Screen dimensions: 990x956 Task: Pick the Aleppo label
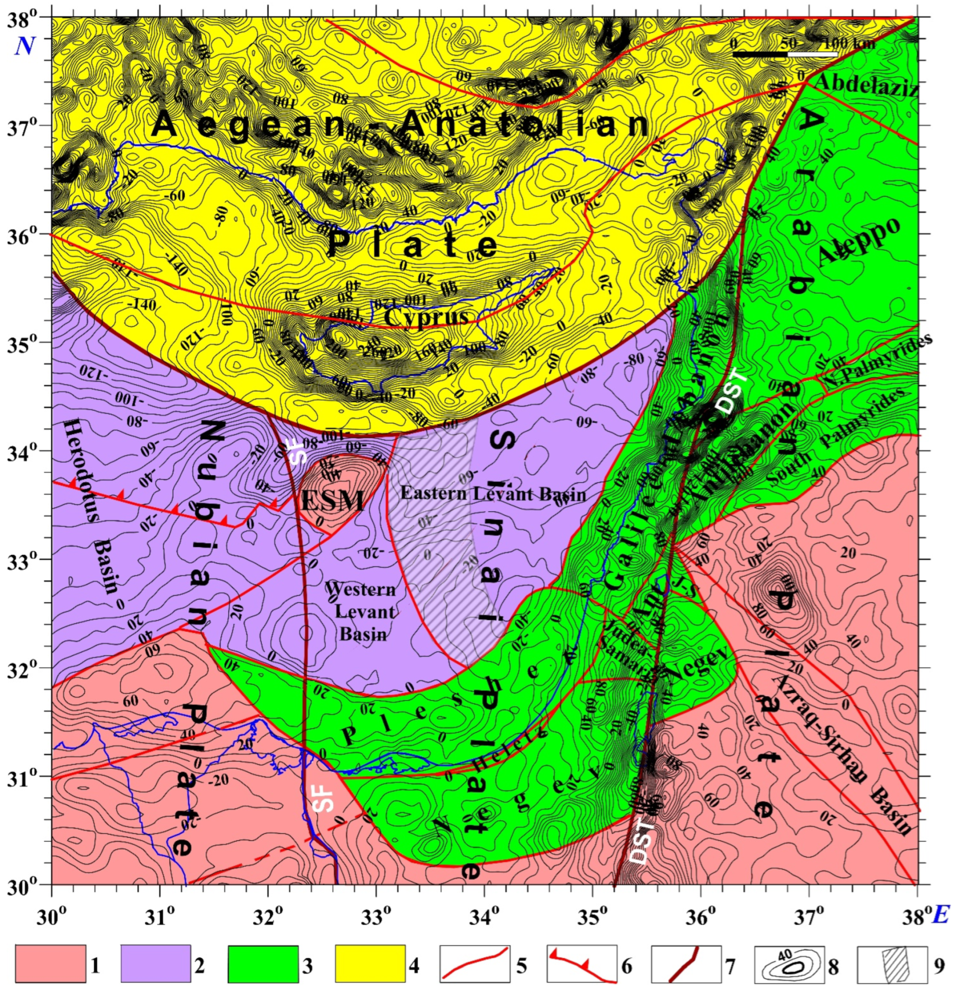(859, 243)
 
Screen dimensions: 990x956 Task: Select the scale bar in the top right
(785, 54)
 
